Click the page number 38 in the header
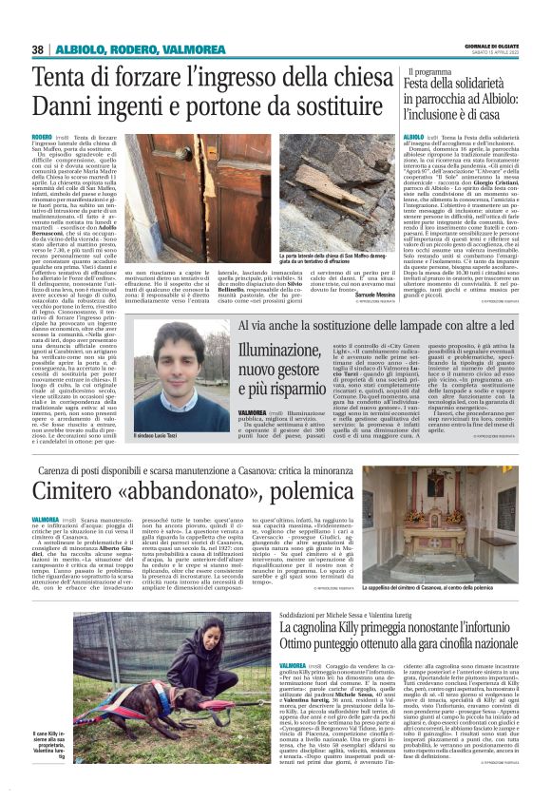coord(38,49)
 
